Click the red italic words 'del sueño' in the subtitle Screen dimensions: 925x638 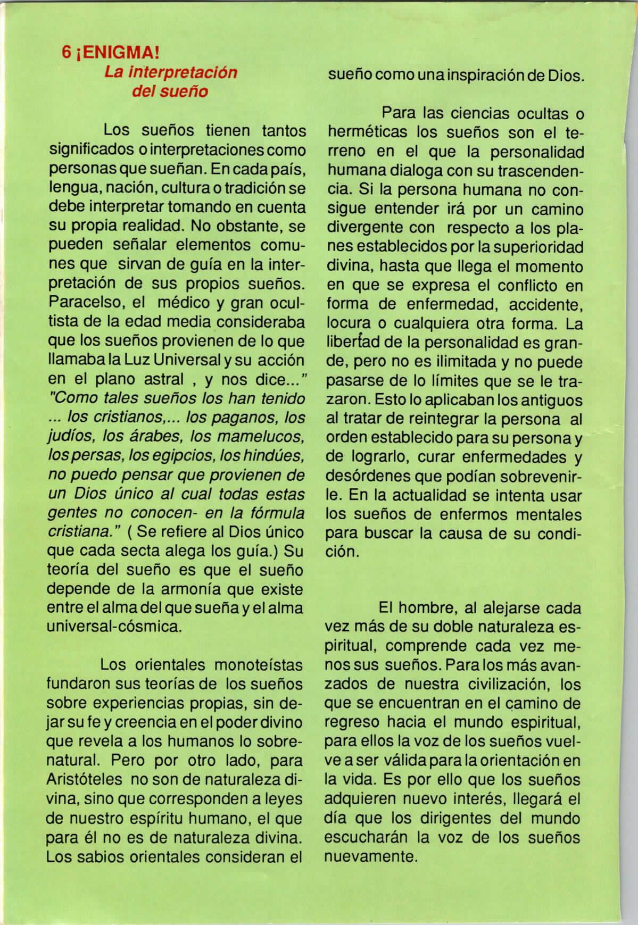tap(169, 91)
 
